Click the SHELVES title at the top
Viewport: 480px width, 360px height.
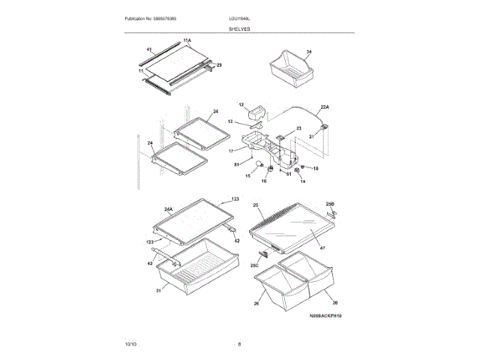[x=240, y=28]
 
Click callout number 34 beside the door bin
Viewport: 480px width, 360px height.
[x=308, y=52]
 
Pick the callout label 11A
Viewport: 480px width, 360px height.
[x=187, y=39]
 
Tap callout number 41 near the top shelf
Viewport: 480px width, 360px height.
[x=149, y=49]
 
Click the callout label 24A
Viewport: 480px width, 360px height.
[x=168, y=209]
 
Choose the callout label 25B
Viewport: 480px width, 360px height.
[x=330, y=204]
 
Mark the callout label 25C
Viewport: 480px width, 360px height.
[x=254, y=265]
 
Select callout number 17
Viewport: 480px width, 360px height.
[x=232, y=151]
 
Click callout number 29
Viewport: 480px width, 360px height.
[x=219, y=65]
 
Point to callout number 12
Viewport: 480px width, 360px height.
[x=241, y=105]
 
